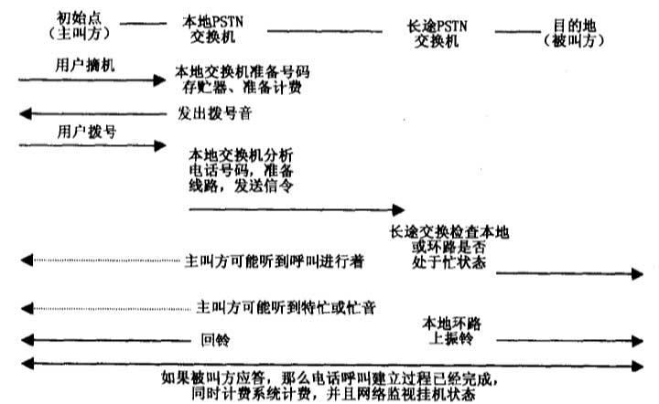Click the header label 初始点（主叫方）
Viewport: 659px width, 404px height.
79,26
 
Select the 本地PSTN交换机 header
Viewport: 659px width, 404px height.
212,29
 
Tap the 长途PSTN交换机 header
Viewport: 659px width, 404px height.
438,34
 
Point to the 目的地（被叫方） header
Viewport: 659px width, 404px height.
574,33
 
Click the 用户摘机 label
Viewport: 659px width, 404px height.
85,65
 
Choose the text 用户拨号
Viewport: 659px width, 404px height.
87,132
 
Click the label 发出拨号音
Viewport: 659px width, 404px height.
215,113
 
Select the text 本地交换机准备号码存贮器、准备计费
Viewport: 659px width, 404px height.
243,80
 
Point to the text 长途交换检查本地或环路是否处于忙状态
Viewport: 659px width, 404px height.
449,247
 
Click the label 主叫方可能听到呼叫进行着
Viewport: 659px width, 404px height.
275,260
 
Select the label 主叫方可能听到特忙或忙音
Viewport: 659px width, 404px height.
286,307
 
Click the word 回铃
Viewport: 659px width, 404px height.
215,339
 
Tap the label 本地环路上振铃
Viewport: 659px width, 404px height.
452,331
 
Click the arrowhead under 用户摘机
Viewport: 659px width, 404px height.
159,80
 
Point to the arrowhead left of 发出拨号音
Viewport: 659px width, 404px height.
26,113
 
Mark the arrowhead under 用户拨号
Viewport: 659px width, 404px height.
160,146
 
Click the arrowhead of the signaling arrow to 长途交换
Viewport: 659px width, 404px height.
398,209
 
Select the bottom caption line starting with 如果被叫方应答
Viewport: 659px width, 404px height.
329,378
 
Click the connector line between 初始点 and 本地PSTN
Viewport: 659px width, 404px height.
144,24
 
